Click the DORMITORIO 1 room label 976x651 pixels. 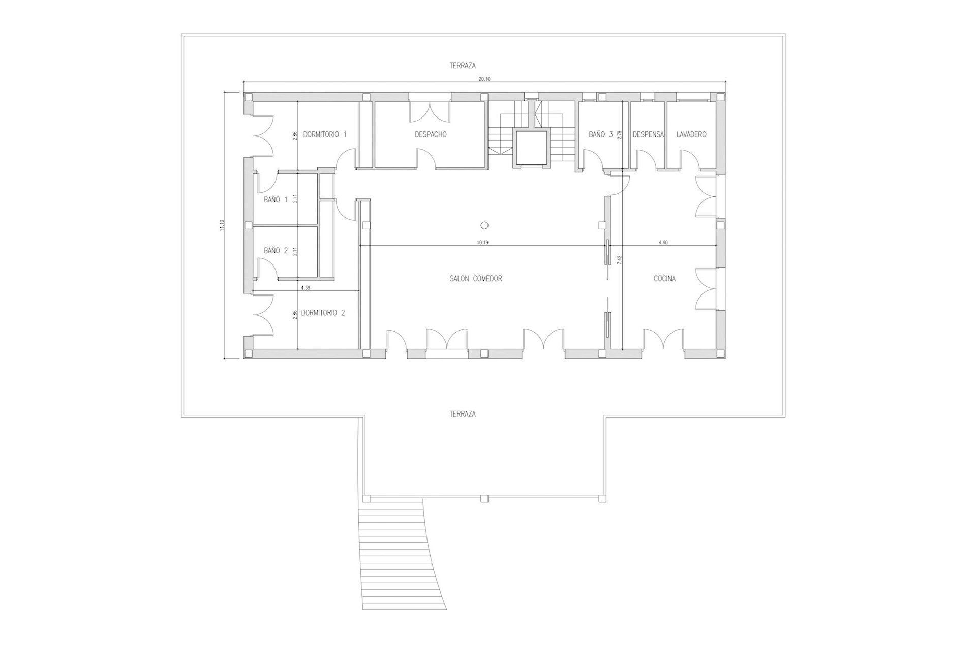pyautogui.click(x=325, y=135)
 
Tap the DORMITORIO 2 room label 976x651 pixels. pyautogui.click(x=323, y=313)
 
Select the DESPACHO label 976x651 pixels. pyautogui.click(x=431, y=135)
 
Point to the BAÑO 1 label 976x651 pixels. pyautogui.click(x=276, y=200)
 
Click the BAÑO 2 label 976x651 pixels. pyautogui.click(x=276, y=250)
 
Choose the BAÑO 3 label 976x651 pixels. pyautogui.click(x=601, y=135)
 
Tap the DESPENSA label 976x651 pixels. pyautogui.click(x=648, y=135)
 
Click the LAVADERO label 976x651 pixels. pyautogui.click(x=691, y=135)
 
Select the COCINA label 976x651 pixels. pyautogui.click(x=664, y=279)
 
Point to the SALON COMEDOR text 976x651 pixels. pyautogui.click(x=476, y=279)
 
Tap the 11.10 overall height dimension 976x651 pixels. pyautogui.click(x=222, y=225)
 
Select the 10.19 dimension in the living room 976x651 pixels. pyautogui.click(x=482, y=243)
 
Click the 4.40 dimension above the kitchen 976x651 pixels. pyautogui.click(x=663, y=243)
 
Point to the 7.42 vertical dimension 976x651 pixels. pyautogui.click(x=619, y=259)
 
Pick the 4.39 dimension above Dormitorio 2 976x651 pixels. pyautogui.click(x=306, y=288)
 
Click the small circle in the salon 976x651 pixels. pyautogui.click(x=484, y=225)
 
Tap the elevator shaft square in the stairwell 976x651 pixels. pyautogui.click(x=531, y=149)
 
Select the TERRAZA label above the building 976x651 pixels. pyautogui.click(x=463, y=66)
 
